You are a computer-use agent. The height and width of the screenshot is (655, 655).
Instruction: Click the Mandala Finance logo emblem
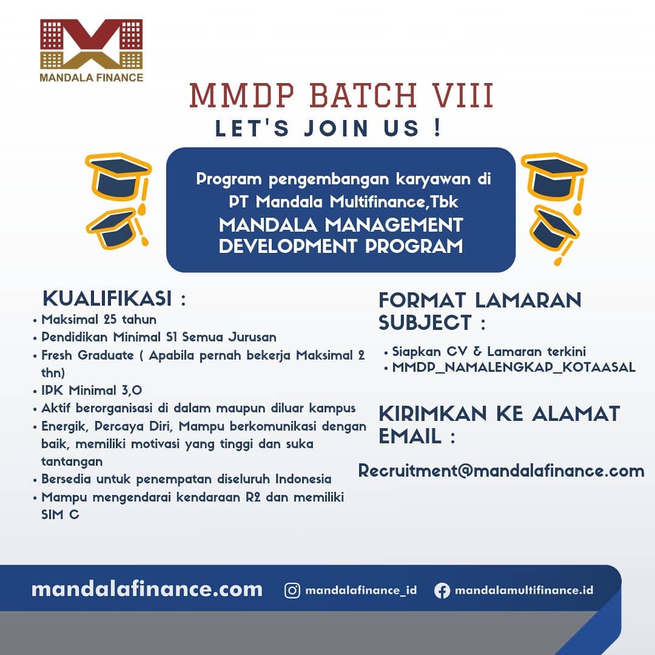[91, 44]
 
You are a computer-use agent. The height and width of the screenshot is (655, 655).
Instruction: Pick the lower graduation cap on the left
[115, 227]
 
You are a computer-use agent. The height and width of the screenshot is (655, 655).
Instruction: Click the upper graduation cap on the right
[553, 176]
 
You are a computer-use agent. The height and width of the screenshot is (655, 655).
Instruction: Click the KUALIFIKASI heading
[107, 299]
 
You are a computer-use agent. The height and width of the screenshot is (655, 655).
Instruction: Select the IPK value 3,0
[130, 390]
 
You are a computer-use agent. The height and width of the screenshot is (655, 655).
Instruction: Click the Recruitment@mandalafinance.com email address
[501, 471]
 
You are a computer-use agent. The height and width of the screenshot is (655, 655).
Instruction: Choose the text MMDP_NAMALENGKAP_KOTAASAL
[514, 367]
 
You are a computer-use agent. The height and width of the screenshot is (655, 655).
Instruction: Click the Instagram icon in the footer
[292, 590]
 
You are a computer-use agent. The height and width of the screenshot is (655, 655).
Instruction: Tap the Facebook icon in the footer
[442, 590]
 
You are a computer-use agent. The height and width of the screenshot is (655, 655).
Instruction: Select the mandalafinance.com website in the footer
[147, 589]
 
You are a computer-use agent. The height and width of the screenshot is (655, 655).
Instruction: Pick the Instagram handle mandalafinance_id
[361, 590]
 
